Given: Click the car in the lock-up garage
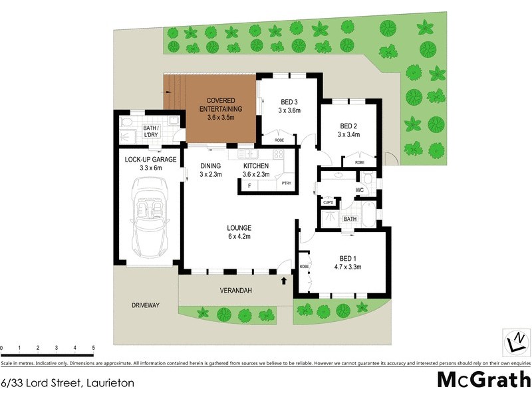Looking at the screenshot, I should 150,221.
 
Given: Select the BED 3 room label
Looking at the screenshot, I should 289,106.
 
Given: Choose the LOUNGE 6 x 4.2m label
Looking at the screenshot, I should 240,232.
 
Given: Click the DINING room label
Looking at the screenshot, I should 210,170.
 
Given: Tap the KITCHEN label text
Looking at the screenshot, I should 255,170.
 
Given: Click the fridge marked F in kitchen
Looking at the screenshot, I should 249,185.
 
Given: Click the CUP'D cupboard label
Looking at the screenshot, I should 328,201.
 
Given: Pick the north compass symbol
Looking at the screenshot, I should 514,342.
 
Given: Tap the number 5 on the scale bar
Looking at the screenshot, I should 93,348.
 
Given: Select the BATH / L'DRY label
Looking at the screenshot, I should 151,130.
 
